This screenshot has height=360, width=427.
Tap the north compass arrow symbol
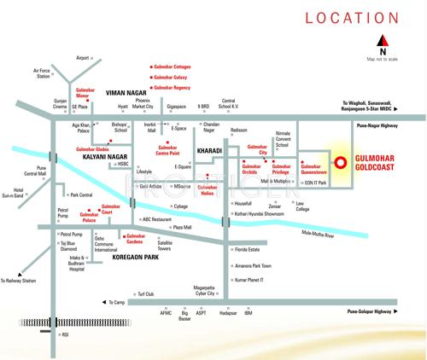tap(382, 40)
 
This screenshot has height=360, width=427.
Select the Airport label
tap(83, 58)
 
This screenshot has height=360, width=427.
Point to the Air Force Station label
tap(42, 73)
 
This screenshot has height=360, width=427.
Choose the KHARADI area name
tap(209, 150)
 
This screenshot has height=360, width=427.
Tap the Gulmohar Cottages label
tap(173, 65)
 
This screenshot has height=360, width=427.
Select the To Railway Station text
tap(19, 280)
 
